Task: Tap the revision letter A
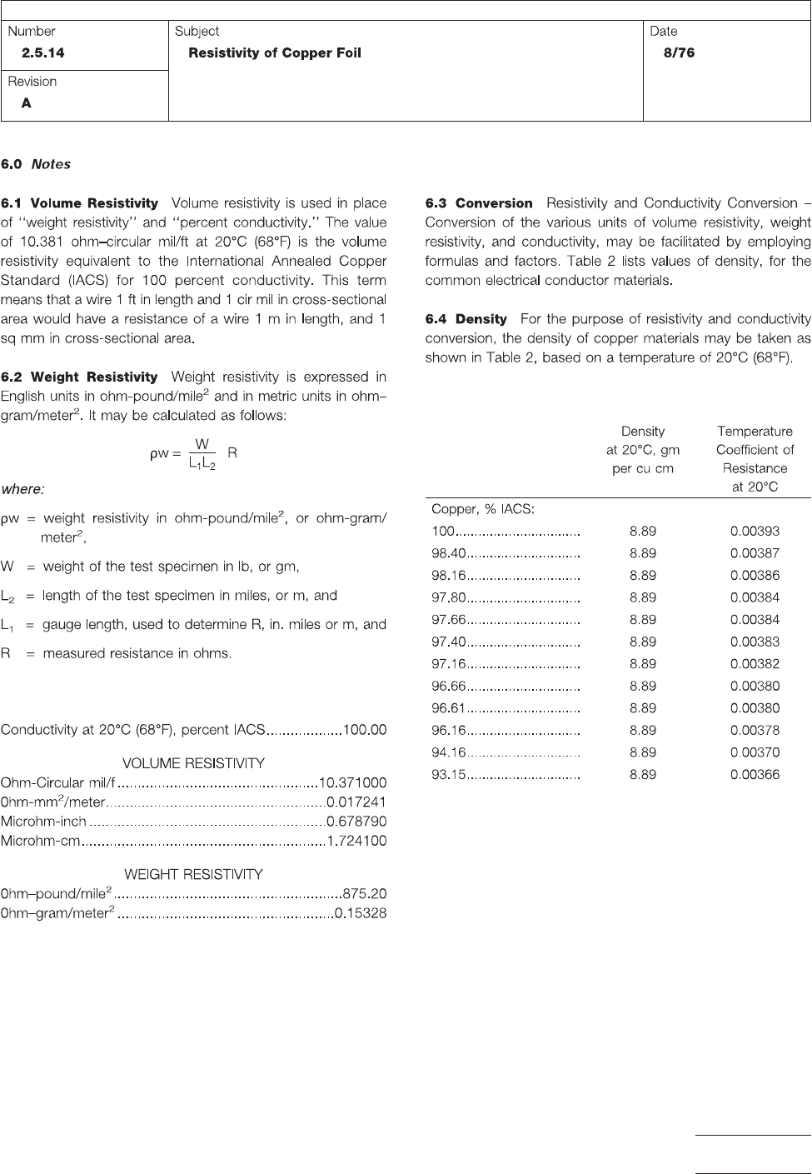(27, 103)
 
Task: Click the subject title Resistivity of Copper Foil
(275, 52)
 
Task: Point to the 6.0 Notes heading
(36, 164)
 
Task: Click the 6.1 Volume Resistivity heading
(80, 203)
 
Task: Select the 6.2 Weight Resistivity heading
(80, 377)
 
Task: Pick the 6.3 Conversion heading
(479, 203)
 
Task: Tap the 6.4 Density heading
(466, 319)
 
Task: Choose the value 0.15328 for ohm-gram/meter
(360, 913)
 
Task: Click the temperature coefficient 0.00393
(755, 531)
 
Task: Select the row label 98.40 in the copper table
(449, 553)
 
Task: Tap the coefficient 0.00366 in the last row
(755, 774)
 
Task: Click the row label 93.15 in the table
(449, 774)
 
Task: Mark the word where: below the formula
(22, 489)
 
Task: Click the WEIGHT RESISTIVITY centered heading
(193, 874)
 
